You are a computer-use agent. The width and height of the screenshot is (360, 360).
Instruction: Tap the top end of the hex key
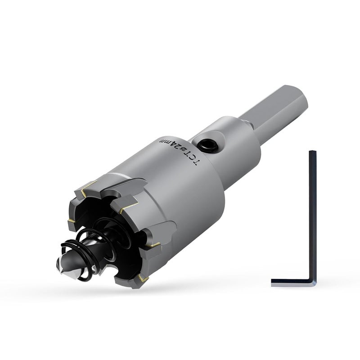[x=313, y=152]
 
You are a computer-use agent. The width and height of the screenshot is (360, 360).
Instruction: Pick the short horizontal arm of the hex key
[x=292, y=283]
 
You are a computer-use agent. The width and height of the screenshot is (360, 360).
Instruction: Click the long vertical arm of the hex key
[x=313, y=216]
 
